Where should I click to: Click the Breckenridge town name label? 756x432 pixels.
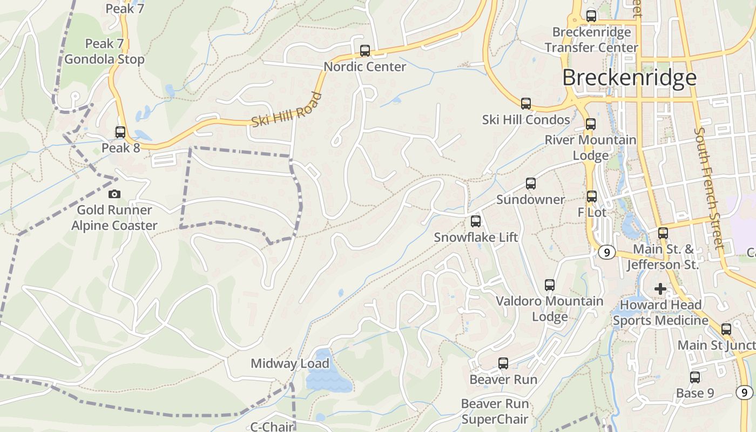tap(629, 78)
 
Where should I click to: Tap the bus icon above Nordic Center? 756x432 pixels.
tap(365, 51)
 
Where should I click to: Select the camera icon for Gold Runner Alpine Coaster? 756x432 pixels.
tap(114, 194)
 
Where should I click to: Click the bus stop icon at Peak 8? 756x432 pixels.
tap(120, 132)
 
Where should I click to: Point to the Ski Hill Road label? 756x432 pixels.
tap(287, 110)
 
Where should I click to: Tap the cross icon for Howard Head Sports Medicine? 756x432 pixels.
tap(660, 289)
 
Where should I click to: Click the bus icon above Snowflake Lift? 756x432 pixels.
tap(476, 221)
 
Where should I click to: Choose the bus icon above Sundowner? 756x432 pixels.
tap(531, 184)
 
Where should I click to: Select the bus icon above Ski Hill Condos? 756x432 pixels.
tap(526, 104)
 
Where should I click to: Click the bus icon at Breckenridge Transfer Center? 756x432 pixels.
tap(591, 16)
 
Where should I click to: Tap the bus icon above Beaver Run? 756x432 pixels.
tap(503, 363)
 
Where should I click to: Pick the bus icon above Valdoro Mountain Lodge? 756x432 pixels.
tap(550, 285)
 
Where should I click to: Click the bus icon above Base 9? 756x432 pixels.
tap(695, 377)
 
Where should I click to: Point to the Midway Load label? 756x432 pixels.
tap(290, 363)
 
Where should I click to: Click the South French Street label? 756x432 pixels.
tap(710, 188)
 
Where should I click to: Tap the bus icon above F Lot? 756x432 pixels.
tap(592, 197)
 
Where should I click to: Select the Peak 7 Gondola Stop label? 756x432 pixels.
tap(105, 51)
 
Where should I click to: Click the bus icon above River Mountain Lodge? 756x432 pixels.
tap(591, 124)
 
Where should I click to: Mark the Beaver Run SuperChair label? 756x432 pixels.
tap(495, 411)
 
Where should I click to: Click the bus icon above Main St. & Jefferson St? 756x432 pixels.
tap(663, 233)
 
